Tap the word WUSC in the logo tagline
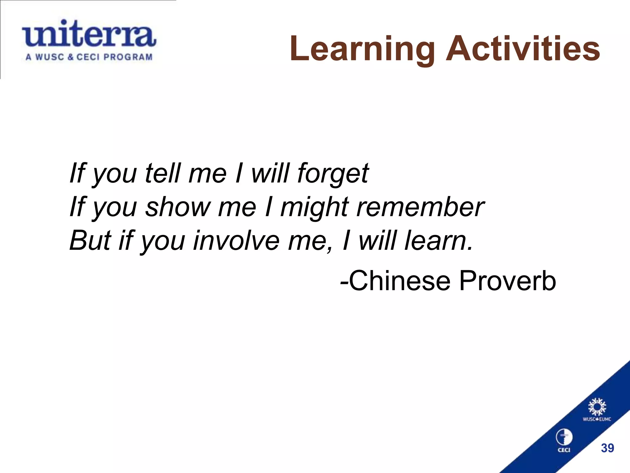point(50,57)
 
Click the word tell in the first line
point(162,173)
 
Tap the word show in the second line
point(177,207)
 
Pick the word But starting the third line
point(90,241)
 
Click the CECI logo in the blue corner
point(564,440)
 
